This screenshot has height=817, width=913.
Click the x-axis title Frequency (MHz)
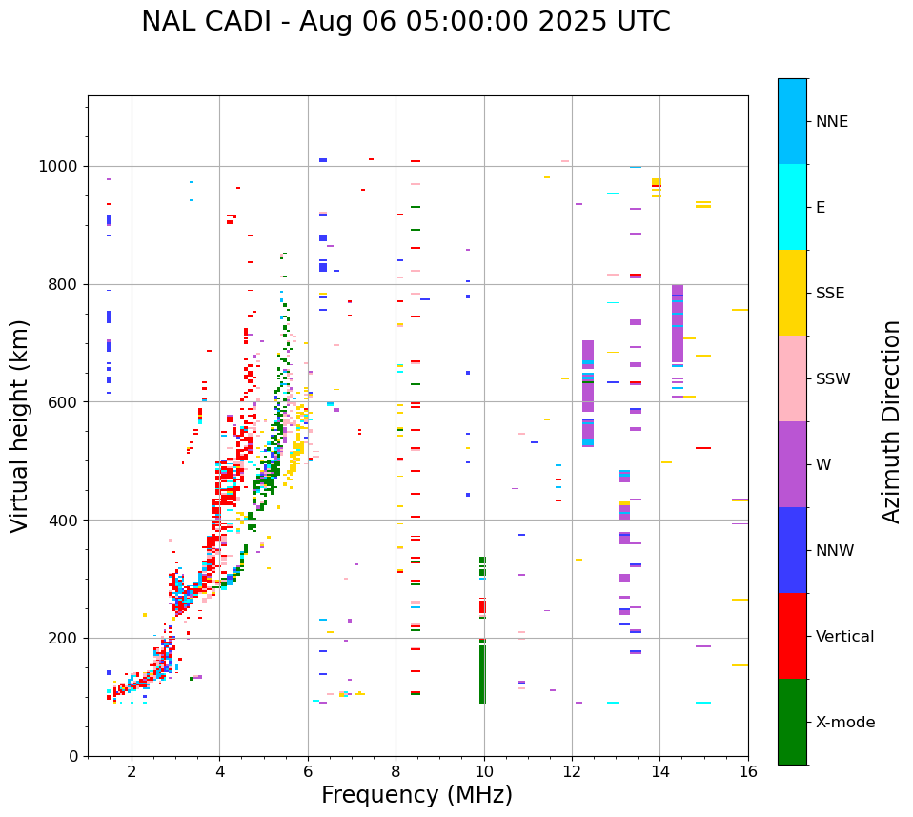pos(416,795)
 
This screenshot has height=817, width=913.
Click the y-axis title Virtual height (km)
pos(20,425)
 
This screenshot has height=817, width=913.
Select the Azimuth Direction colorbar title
pos(891,421)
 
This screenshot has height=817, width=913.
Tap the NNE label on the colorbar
pos(831,122)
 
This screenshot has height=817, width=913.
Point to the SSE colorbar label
pos(829,294)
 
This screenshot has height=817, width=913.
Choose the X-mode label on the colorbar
pos(844,723)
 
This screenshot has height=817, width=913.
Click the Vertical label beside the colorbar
pos(844,637)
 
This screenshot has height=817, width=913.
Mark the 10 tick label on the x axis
pos(483,771)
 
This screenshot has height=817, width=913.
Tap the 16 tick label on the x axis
pos(747,771)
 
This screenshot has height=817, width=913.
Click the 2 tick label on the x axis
pos(132,771)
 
